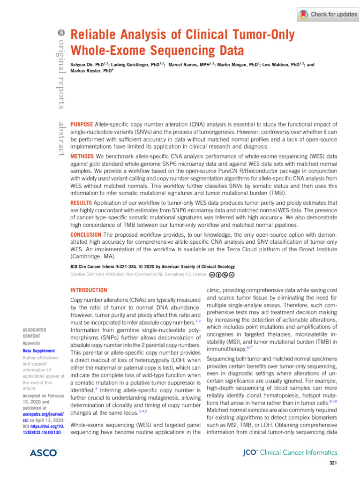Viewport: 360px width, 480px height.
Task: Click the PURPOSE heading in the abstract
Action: click(x=81, y=125)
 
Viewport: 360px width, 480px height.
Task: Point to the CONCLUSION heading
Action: click(x=86, y=234)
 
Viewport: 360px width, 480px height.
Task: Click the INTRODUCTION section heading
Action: click(x=88, y=290)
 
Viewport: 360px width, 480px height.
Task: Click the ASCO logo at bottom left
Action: click(x=43, y=453)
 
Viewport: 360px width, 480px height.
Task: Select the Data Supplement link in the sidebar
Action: click(x=39, y=351)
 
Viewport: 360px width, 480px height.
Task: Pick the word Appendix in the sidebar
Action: click(x=31, y=343)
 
